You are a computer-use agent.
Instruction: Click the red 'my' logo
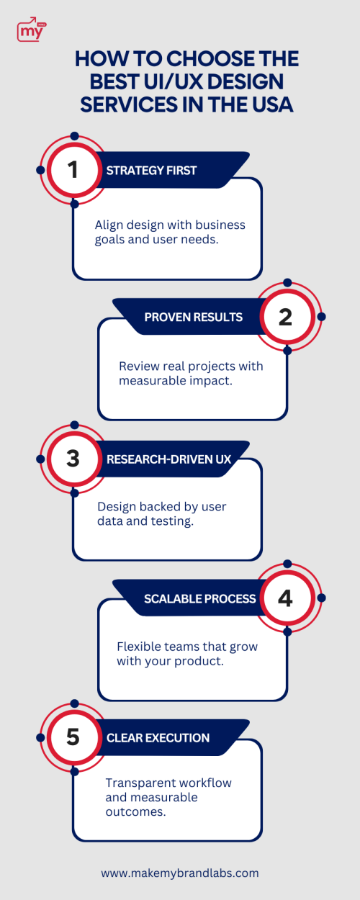[x=32, y=30]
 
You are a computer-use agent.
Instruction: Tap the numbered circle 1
[x=73, y=169]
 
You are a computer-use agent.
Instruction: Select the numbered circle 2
[x=286, y=317]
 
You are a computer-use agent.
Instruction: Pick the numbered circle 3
[x=73, y=459]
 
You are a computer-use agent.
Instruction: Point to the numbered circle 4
[x=286, y=598]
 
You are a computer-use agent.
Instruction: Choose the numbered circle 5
[x=73, y=737]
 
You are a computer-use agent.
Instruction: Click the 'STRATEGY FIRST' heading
[x=151, y=171]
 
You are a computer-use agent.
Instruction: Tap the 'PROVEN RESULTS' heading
[x=193, y=317]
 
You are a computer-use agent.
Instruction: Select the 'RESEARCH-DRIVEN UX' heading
[x=168, y=459]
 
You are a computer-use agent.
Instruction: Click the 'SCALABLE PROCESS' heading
[x=199, y=598]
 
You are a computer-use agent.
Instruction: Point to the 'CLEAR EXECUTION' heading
[x=158, y=738]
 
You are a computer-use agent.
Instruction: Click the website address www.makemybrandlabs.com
[x=180, y=873]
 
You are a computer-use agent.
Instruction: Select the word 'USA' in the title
[x=273, y=104]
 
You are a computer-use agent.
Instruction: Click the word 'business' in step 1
[x=220, y=225]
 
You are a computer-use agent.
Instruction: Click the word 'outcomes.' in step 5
[x=135, y=811]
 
